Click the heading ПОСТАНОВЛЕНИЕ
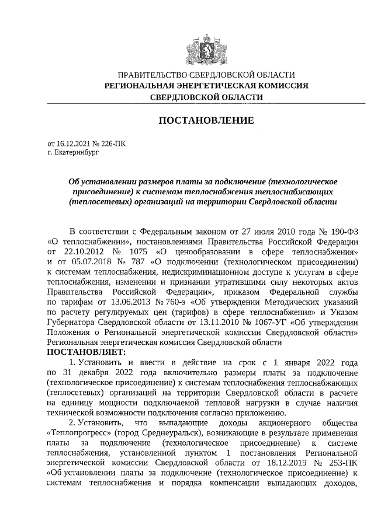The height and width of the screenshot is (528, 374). (206, 121)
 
